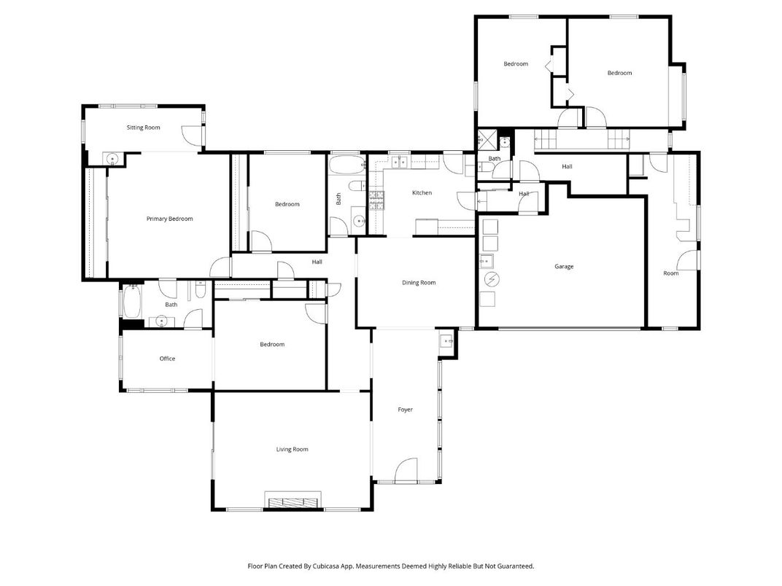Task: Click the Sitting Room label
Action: coord(143,128)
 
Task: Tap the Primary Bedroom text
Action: coord(169,219)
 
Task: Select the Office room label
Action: coord(167,359)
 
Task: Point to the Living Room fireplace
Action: coord(293,502)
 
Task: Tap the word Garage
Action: coord(564,267)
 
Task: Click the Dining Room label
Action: coord(419,283)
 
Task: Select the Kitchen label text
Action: coord(422,193)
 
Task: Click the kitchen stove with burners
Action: coord(376,201)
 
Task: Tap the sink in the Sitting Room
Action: coord(113,159)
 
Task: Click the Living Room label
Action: coord(292,450)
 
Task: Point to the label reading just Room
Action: coord(670,273)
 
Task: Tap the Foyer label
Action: coord(405,410)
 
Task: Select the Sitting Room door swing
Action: coord(190,136)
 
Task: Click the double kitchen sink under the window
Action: coord(400,162)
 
